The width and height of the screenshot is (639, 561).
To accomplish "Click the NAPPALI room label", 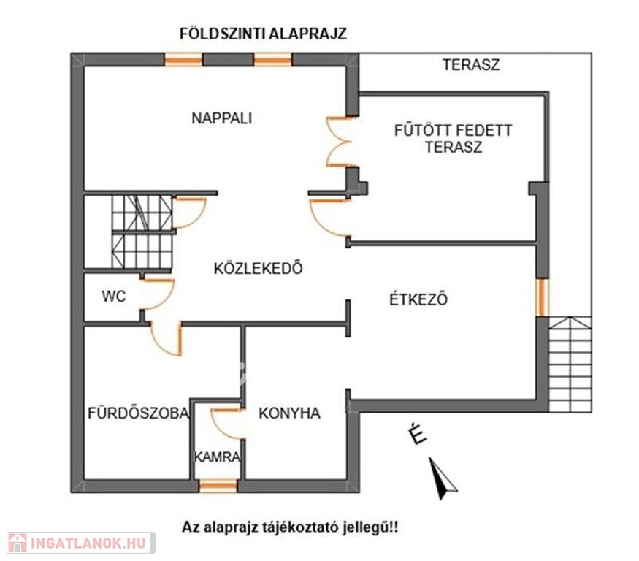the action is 222,118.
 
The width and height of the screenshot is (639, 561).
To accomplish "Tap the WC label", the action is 114,296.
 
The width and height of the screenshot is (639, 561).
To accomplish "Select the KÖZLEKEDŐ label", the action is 259,268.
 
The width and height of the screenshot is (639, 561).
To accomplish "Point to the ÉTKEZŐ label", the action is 418,299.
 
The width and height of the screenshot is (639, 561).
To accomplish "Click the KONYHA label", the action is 289,413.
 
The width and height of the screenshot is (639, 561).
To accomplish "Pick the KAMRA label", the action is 217,457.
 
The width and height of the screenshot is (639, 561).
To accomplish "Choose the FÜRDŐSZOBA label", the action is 139,413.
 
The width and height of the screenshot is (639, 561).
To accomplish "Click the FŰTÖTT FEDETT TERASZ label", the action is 454,139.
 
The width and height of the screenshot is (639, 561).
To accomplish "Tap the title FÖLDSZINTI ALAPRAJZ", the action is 263,33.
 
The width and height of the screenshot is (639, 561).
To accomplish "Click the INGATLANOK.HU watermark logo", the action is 80,543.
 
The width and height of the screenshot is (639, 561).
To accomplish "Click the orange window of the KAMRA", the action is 218,486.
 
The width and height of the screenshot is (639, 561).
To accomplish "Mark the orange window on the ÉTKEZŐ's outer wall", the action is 542,297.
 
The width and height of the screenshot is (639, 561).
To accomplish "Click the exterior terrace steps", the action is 570,364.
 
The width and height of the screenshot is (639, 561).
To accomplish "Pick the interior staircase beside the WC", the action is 142,231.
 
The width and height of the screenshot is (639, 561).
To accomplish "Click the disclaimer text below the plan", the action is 290,527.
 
